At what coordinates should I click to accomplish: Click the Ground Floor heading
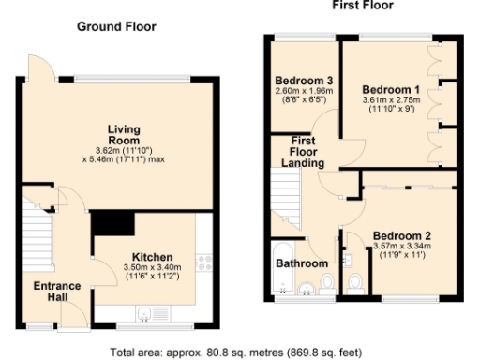click(x=115, y=26)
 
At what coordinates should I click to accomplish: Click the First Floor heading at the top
click(x=362, y=6)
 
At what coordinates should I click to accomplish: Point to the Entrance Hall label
click(x=58, y=292)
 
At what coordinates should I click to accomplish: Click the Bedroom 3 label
click(x=303, y=80)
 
